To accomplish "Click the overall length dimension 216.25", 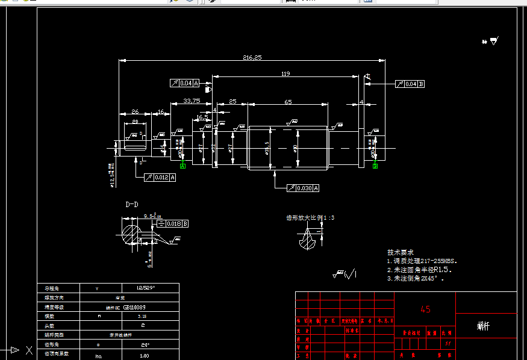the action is [x=252, y=58].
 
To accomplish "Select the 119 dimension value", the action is [x=285, y=74].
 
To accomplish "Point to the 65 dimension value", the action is [x=288, y=102].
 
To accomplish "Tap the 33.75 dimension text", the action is [x=192, y=101].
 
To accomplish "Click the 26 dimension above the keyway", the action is [x=134, y=112].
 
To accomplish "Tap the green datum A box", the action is [x=182, y=166].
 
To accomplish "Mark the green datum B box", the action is [x=375, y=166].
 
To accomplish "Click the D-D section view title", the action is [x=132, y=205].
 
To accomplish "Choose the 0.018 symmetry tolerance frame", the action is [x=172, y=223].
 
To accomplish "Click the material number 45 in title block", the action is [x=425, y=309].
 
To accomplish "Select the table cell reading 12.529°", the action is [x=146, y=288].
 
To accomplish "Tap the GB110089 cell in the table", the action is [x=137, y=307].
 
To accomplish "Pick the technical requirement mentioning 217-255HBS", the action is [x=422, y=262].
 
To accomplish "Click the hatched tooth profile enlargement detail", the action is [x=308, y=239].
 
